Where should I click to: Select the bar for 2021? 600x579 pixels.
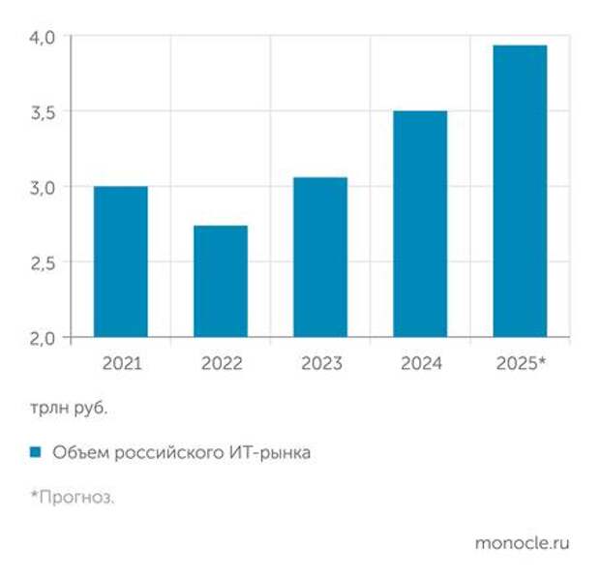click(x=121, y=261)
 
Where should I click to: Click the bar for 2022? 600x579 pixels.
click(x=221, y=281)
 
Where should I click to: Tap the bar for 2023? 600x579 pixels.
click(x=320, y=257)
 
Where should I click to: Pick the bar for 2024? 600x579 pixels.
click(x=420, y=224)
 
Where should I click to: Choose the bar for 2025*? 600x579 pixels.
click(x=520, y=191)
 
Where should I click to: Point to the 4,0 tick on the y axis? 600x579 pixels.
click(x=45, y=37)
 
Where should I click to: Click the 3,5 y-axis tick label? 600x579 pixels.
click(x=45, y=112)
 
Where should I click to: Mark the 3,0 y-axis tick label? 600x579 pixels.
click(x=45, y=187)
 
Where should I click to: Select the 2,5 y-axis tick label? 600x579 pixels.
click(x=45, y=262)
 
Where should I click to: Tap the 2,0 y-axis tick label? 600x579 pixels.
click(x=45, y=337)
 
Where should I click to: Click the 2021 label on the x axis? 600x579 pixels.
click(x=121, y=364)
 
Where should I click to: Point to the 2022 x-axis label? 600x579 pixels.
click(x=221, y=364)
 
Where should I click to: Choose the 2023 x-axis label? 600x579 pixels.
click(x=320, y=364)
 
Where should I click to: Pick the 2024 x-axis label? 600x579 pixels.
click(x=420, y=364)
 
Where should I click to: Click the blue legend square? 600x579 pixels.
click(x=35, y=452)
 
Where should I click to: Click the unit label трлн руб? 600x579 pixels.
click(x=68, y=408)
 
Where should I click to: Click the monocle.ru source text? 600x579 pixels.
click(x=522, y=543)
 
